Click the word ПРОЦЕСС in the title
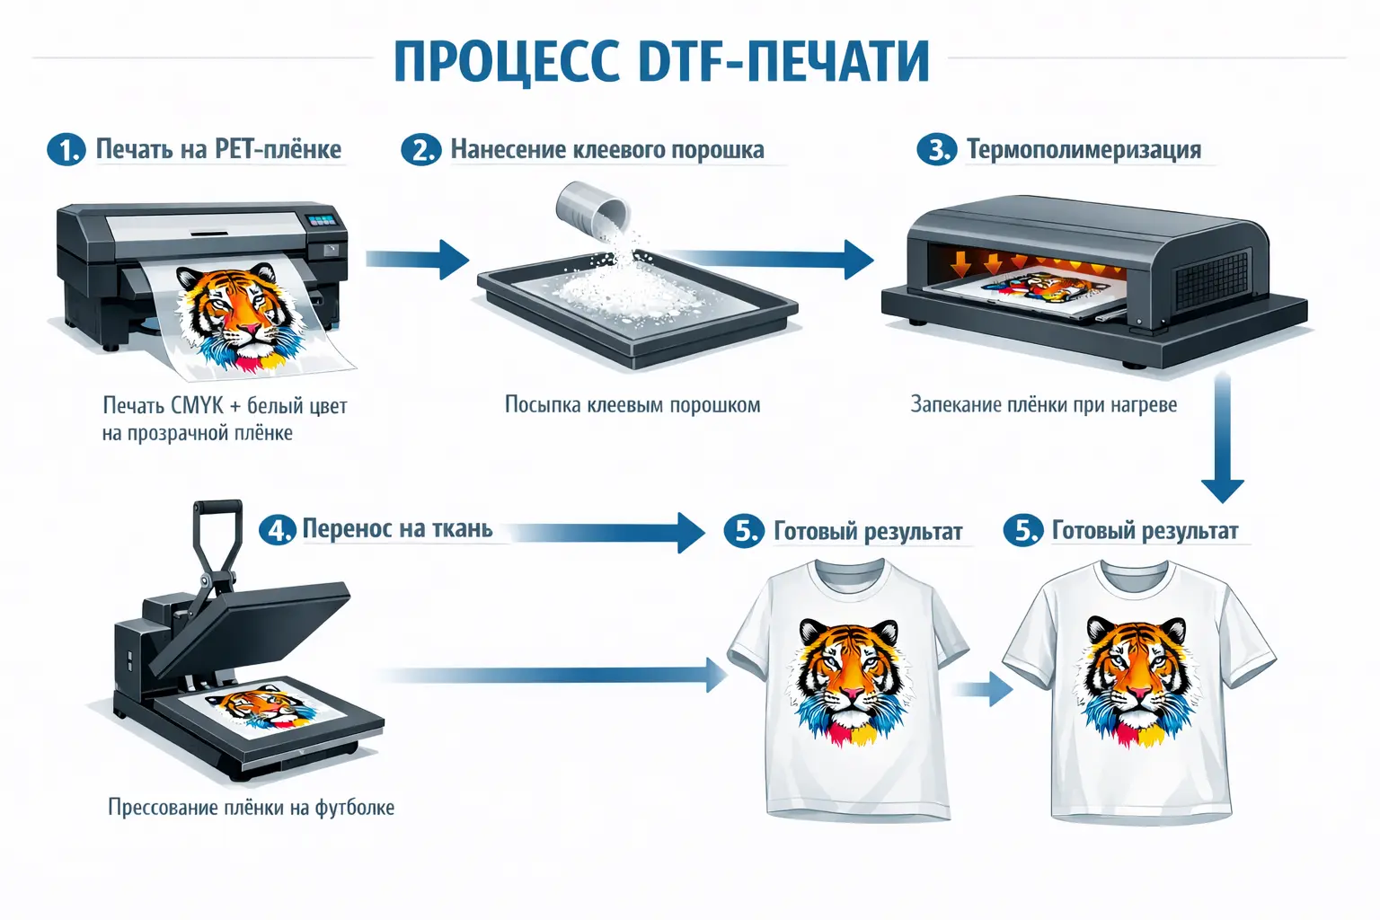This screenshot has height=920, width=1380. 507,62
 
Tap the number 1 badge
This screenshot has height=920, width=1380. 66,150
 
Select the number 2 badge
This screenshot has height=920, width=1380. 421,150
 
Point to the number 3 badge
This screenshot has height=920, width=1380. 936,150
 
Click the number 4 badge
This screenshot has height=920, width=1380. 278,530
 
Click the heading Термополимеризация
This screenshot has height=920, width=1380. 1084,150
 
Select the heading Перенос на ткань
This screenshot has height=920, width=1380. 397,528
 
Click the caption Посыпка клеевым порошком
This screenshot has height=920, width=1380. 632,405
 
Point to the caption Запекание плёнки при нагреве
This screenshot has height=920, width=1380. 1044,405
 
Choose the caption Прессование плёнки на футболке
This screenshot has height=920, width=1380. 251,807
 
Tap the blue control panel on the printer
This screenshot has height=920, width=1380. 323,220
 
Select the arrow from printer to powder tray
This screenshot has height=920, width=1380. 417,260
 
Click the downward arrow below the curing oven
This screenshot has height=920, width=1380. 1223,438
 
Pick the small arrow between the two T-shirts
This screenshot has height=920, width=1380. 982,688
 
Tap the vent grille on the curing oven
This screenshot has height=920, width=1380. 1210,282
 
